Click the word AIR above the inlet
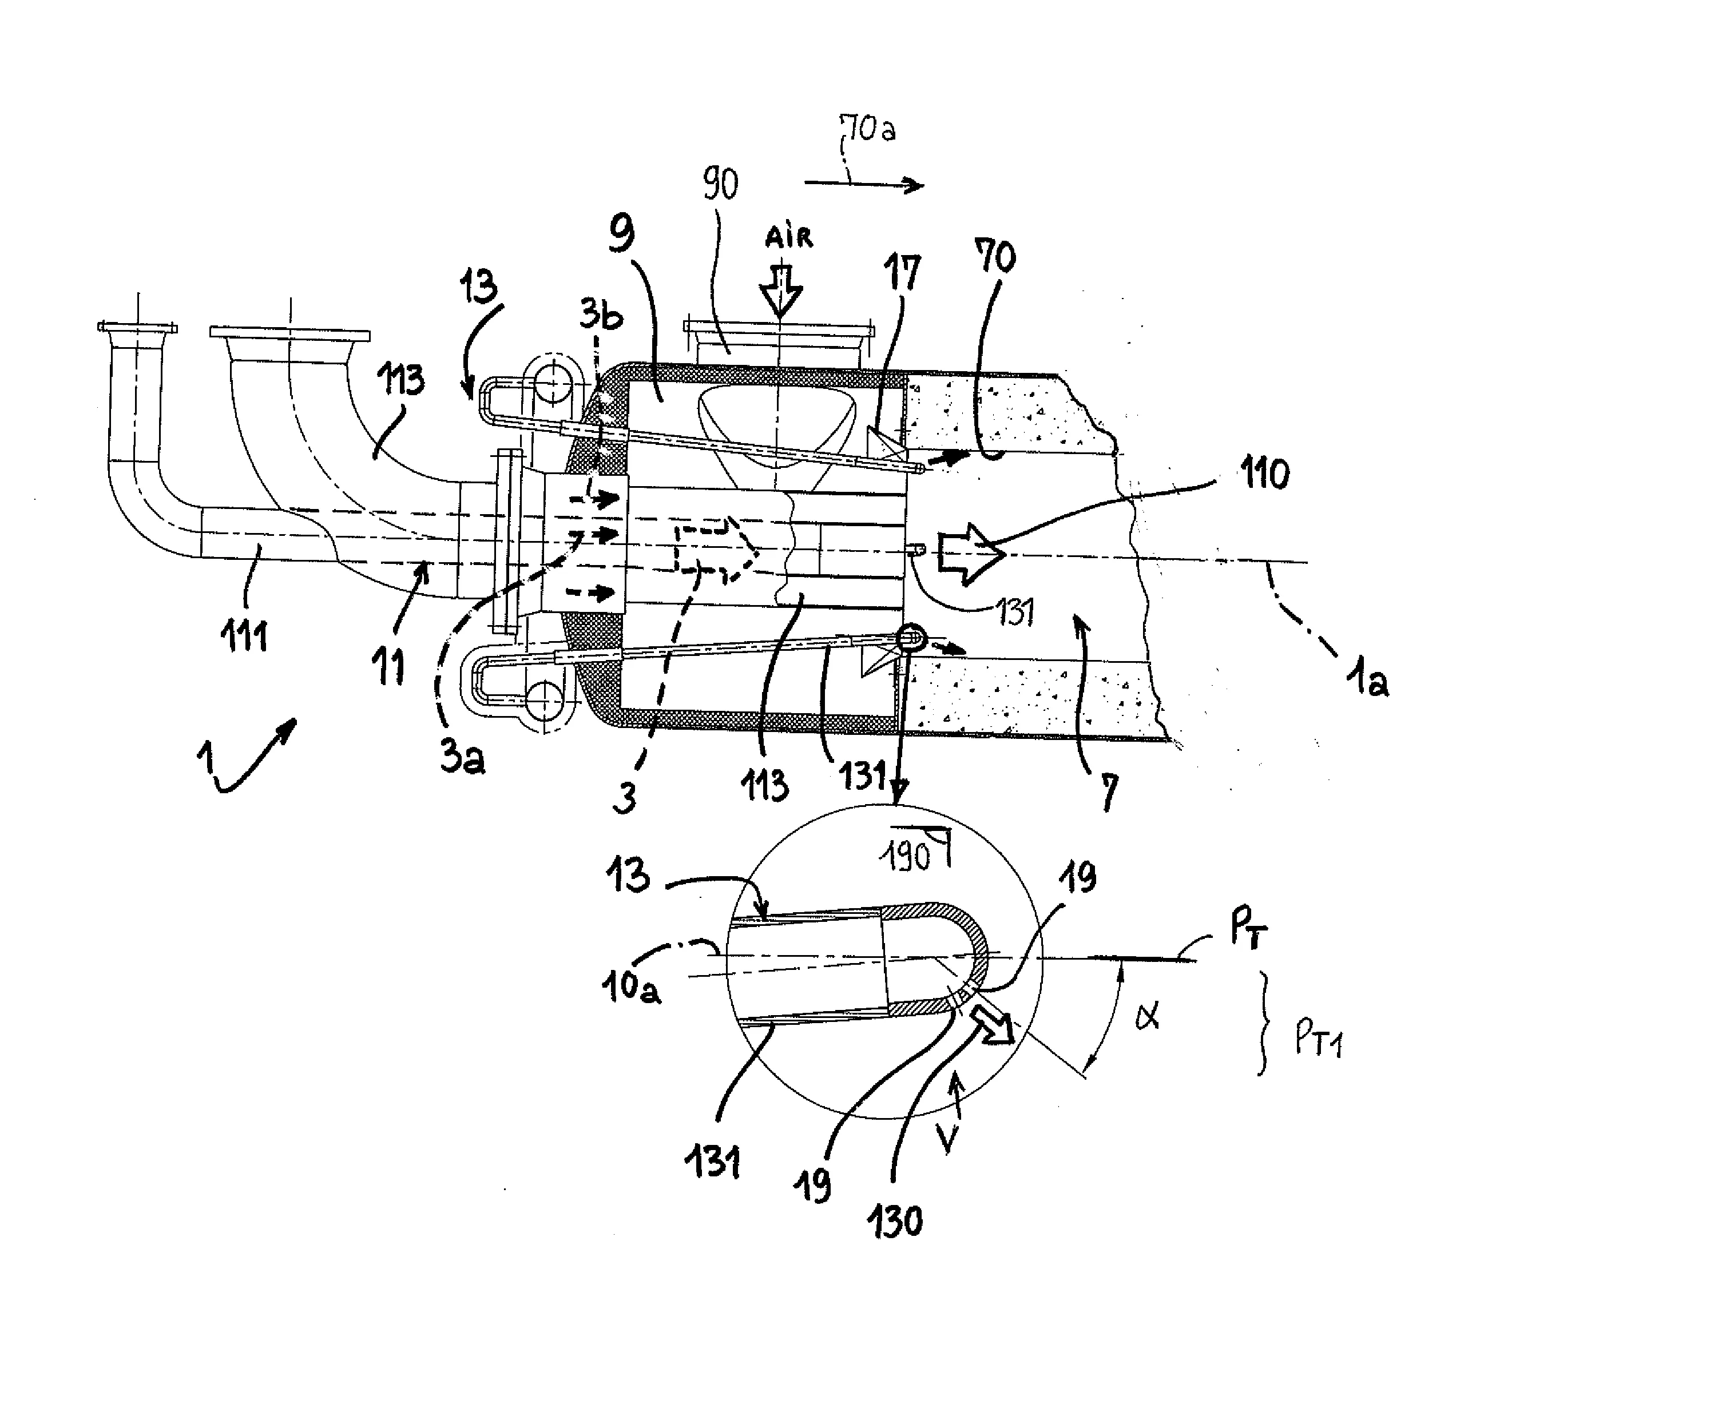tap(788, 236)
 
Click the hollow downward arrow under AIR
tap(781, 288)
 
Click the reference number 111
tap(244, 636)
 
